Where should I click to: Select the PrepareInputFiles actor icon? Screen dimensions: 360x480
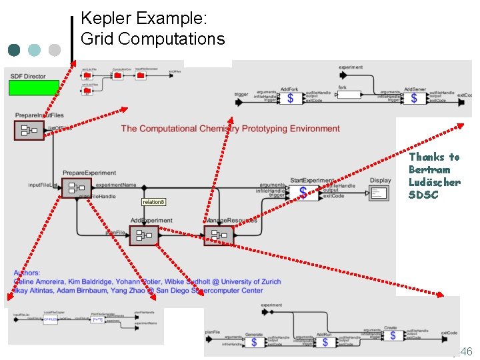click(29, 130)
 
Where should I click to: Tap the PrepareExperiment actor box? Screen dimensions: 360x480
click(76, 188)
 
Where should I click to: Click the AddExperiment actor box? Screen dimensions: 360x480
click(144, 235)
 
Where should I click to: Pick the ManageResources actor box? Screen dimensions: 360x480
click(219, 235)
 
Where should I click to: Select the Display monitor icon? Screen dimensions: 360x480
click(379, 193)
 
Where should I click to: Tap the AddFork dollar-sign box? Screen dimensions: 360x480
click(289, 98)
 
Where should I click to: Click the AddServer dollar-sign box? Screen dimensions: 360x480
click(414, 98)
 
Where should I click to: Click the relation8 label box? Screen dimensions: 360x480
click(154, 201)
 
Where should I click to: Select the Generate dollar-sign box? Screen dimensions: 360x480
click(253, 342)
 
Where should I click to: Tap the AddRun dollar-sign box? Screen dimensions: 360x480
click(324, 342)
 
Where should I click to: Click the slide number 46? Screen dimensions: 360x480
click(466, 351)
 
